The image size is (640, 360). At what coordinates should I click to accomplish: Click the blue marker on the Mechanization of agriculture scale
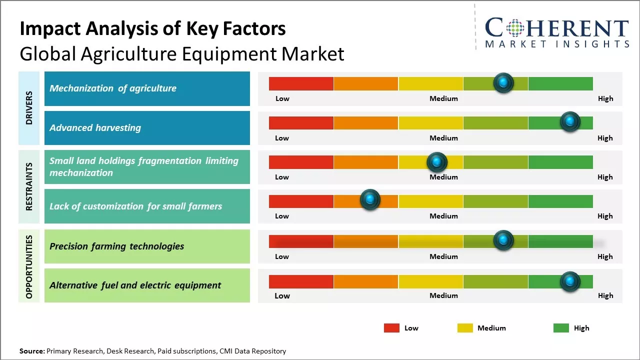pyautogui.click(x=503, y=82)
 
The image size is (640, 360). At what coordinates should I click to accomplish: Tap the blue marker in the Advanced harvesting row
pyautogui.click(x=569, y=121)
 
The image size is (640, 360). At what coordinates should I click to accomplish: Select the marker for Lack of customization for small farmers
pyautogui.click(x=370, y=200)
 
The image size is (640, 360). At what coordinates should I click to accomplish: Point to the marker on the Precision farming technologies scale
pyautogui.click(x=503, y=240)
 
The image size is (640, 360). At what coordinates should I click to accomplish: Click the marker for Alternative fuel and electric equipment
pyautogui.click(x=569, y=281)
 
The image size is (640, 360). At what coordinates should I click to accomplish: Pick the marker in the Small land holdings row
pyautogui.click(x=436, y=162)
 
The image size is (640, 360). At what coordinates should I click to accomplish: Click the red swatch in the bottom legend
pyautogui.click(x=391, y=328)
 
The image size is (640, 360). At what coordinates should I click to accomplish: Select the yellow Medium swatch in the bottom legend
pyautogui.click(x=465, y=328)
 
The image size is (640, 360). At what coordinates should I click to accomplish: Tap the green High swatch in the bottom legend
pyautogui.click(x=561, y=328)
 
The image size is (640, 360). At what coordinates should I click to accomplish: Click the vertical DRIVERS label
pyautogui.click(x=29, y=108)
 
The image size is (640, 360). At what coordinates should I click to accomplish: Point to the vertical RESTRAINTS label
pyautogui.click(x=29, y=186)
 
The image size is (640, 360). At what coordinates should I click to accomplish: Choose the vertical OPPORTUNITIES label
pyautogui.click(x=29, y=266)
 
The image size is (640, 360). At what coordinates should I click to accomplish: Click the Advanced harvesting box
pyautogui.click(x=147, y=128)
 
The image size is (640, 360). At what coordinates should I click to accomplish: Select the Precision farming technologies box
pyautogui.click(x=147, y=246)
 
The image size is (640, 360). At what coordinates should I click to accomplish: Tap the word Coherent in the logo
pyautogui.click(x=556, y=28)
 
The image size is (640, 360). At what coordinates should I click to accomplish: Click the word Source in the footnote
pyautogui.click(x=31, y=351)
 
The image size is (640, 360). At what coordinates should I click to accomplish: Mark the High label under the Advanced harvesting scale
pyautogui.click(x=605, y=138)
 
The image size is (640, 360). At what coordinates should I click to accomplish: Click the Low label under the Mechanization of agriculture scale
pyautogui.click(x=282, y=98)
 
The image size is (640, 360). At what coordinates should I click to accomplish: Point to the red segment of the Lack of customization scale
pyautogui.click(x=301, y=201)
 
